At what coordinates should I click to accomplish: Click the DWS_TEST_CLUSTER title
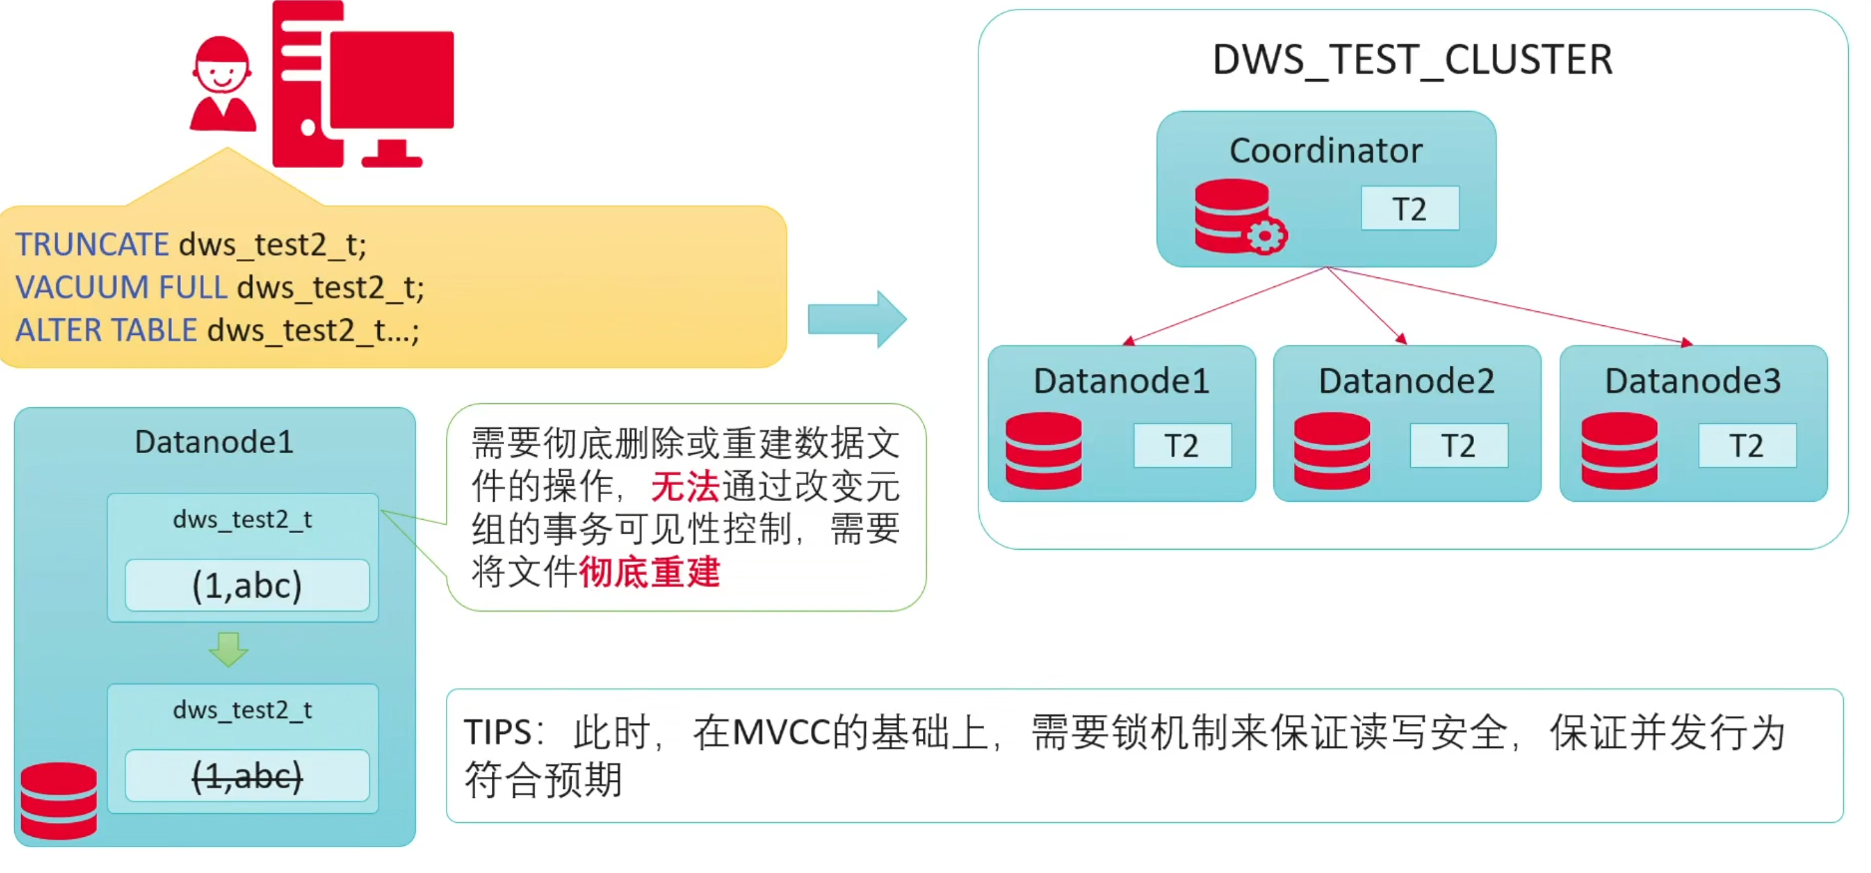1411,60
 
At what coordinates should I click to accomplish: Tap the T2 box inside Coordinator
1409,209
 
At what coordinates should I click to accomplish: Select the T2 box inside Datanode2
1458,445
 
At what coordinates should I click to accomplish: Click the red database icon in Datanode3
1619,451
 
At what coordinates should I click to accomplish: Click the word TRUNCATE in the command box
92,244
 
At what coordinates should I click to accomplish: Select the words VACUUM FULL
122,287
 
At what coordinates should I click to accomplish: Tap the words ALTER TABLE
107,330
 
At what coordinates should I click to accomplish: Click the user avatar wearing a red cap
222,86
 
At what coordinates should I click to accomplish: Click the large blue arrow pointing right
856,319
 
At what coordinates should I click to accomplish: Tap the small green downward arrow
229,650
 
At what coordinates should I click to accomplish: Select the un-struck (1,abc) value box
246,585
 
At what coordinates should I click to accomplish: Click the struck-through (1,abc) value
246,775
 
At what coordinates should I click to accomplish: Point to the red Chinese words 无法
685,486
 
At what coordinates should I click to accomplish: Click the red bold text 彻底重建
649,572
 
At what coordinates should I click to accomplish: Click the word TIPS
497,732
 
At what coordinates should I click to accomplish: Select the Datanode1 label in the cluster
1121,381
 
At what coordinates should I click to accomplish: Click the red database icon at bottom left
59,800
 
